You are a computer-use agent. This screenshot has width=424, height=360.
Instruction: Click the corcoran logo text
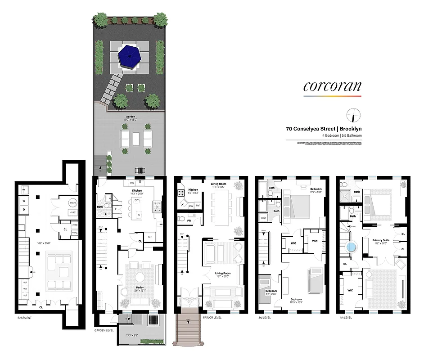pyautogui.click(x=332, y=86)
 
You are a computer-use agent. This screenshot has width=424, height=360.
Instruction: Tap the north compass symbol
pyautogui.click(x=353, y=115)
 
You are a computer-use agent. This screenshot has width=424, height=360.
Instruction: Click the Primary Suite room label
pyautogui.click(x=381, y=240)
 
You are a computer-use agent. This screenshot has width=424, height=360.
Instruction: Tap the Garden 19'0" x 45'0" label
pyautogui.click(x=130, y=118)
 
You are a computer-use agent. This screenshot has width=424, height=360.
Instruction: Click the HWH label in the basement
pyautogui.click(x=72, y=203)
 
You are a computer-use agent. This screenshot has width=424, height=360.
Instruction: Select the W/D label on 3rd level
pyautogui.click(x=263, y=218)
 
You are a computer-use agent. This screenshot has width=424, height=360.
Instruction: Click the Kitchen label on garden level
pyautogui.click(x=137, y=191)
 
